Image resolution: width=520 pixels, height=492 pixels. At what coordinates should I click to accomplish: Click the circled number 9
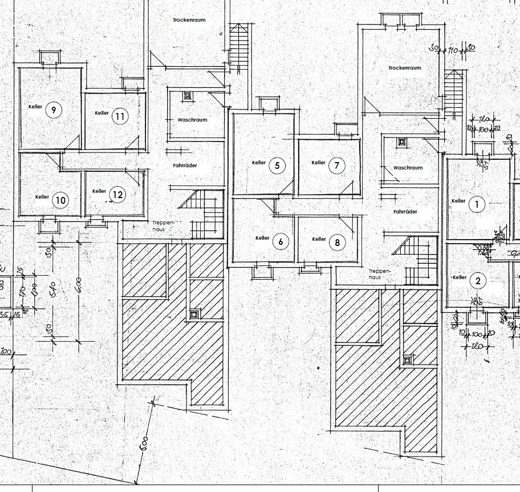53,110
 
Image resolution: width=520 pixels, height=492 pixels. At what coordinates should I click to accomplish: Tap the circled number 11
120,116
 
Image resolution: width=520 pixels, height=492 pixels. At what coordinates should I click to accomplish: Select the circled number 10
60,200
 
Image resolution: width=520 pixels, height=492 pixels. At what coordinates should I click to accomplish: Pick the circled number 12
117,195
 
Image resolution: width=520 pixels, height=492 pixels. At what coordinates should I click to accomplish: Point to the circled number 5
277,166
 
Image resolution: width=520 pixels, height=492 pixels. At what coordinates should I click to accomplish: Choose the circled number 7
336,166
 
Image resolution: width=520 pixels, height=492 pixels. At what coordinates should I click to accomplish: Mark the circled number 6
281,241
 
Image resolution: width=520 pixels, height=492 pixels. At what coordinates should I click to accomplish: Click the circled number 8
338,242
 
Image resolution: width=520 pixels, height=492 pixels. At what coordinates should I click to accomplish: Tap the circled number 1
476,204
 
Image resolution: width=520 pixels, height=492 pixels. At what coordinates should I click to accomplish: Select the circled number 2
477,280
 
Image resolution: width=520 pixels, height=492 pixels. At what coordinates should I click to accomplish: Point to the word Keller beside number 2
459,277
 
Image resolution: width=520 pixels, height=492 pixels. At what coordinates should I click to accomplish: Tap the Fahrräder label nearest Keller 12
185,166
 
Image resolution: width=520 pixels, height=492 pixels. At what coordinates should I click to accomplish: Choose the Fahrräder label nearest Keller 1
405,212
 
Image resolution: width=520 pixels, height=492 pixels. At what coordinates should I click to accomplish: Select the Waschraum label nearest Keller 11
192,120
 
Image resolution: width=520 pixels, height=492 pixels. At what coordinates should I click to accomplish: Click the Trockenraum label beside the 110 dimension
404,68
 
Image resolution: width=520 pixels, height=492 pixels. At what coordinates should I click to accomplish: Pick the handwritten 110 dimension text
453,51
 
